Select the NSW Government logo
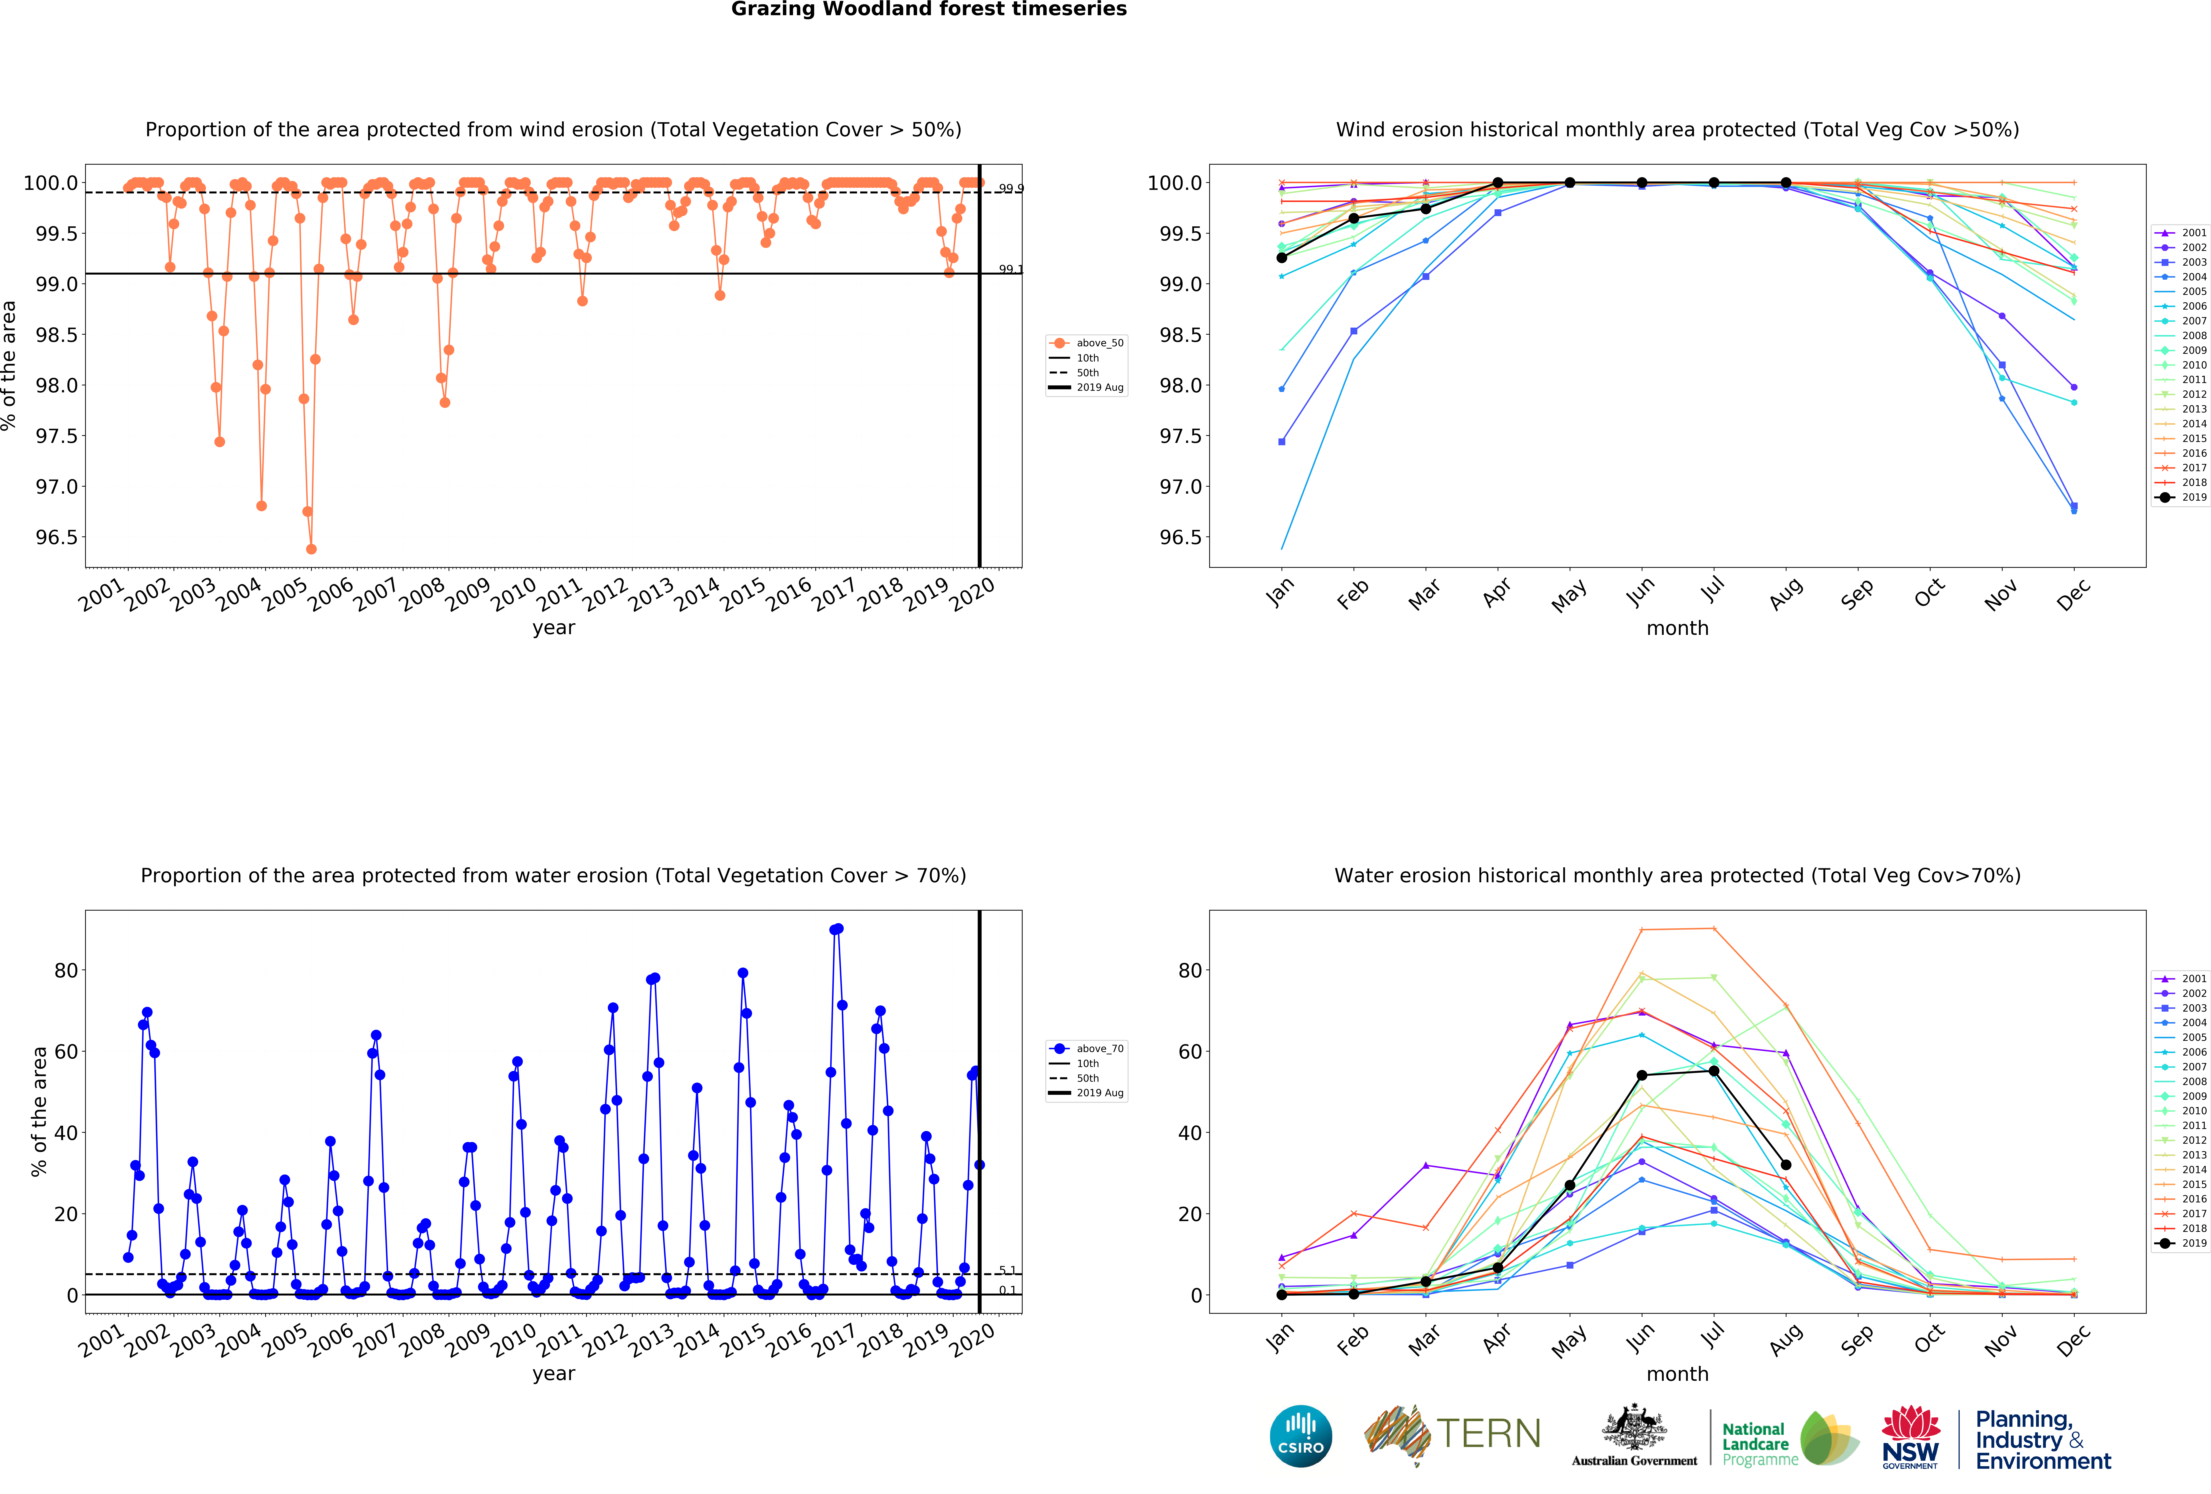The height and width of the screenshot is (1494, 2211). pyautogui.click(x=1910, y=1438)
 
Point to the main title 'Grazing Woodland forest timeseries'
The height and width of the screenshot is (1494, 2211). pyautogui.click(x=929, y=10)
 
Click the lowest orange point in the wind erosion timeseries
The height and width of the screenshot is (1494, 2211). pyautogui.click(x=311, y=549)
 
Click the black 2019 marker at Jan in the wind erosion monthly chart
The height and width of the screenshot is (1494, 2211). pyautogui.click(x=1282, y=258)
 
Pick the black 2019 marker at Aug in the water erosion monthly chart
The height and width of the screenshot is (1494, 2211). pyautogui.click(x=1786, y=1165)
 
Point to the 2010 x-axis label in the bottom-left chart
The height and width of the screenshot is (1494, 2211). pyautogui.click(x=514, y=1341)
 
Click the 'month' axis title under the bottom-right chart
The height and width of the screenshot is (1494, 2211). pyautogui.click(x=1677, y=1374)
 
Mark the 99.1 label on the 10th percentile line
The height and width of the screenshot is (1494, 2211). pyautogui.click(x=1010, y=269)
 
